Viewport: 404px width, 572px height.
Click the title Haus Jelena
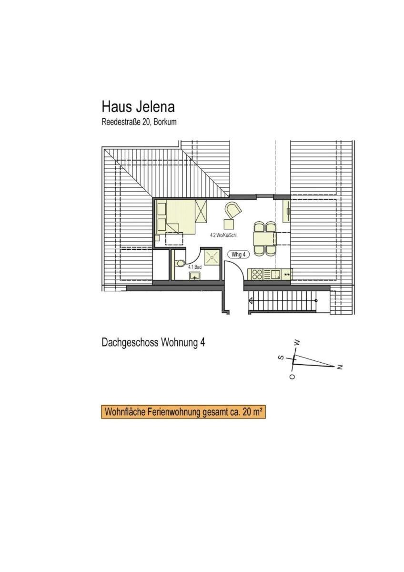click(x=138, y=107)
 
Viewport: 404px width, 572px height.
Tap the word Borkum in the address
click(x=165, y=122)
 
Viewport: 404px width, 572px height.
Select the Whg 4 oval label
click(x=238, y=255)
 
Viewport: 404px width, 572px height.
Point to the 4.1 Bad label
click(x=195, y=267)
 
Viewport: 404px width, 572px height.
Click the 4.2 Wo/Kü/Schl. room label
click(x=224, y=236)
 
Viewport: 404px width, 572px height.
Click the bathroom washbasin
click(x=195, y=276)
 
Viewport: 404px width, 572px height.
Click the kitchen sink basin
click(x=275, y=275)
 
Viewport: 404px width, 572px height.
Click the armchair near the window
click(x=233, y=210)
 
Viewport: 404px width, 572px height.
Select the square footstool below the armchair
click(x=229, y=225)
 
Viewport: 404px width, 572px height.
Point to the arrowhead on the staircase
click(x=251, y=300)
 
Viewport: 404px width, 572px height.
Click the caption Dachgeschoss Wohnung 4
click(x=153, y=343)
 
